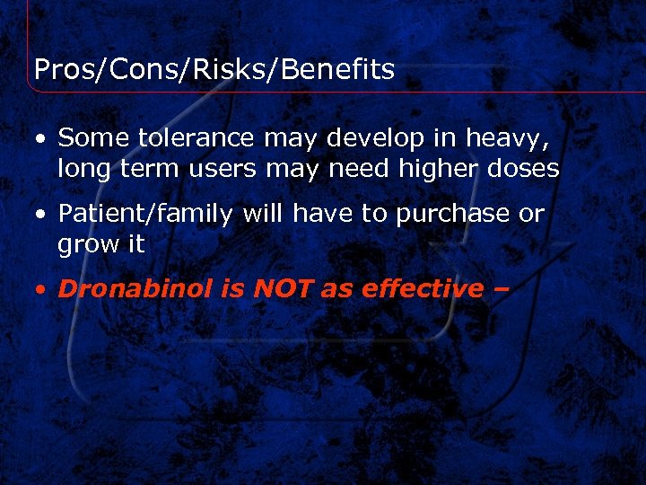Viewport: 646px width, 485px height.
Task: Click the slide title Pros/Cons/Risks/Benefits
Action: (214, 70)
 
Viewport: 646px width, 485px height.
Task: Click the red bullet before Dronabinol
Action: (40, 290)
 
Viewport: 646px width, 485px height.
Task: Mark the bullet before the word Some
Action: (40, 139)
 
